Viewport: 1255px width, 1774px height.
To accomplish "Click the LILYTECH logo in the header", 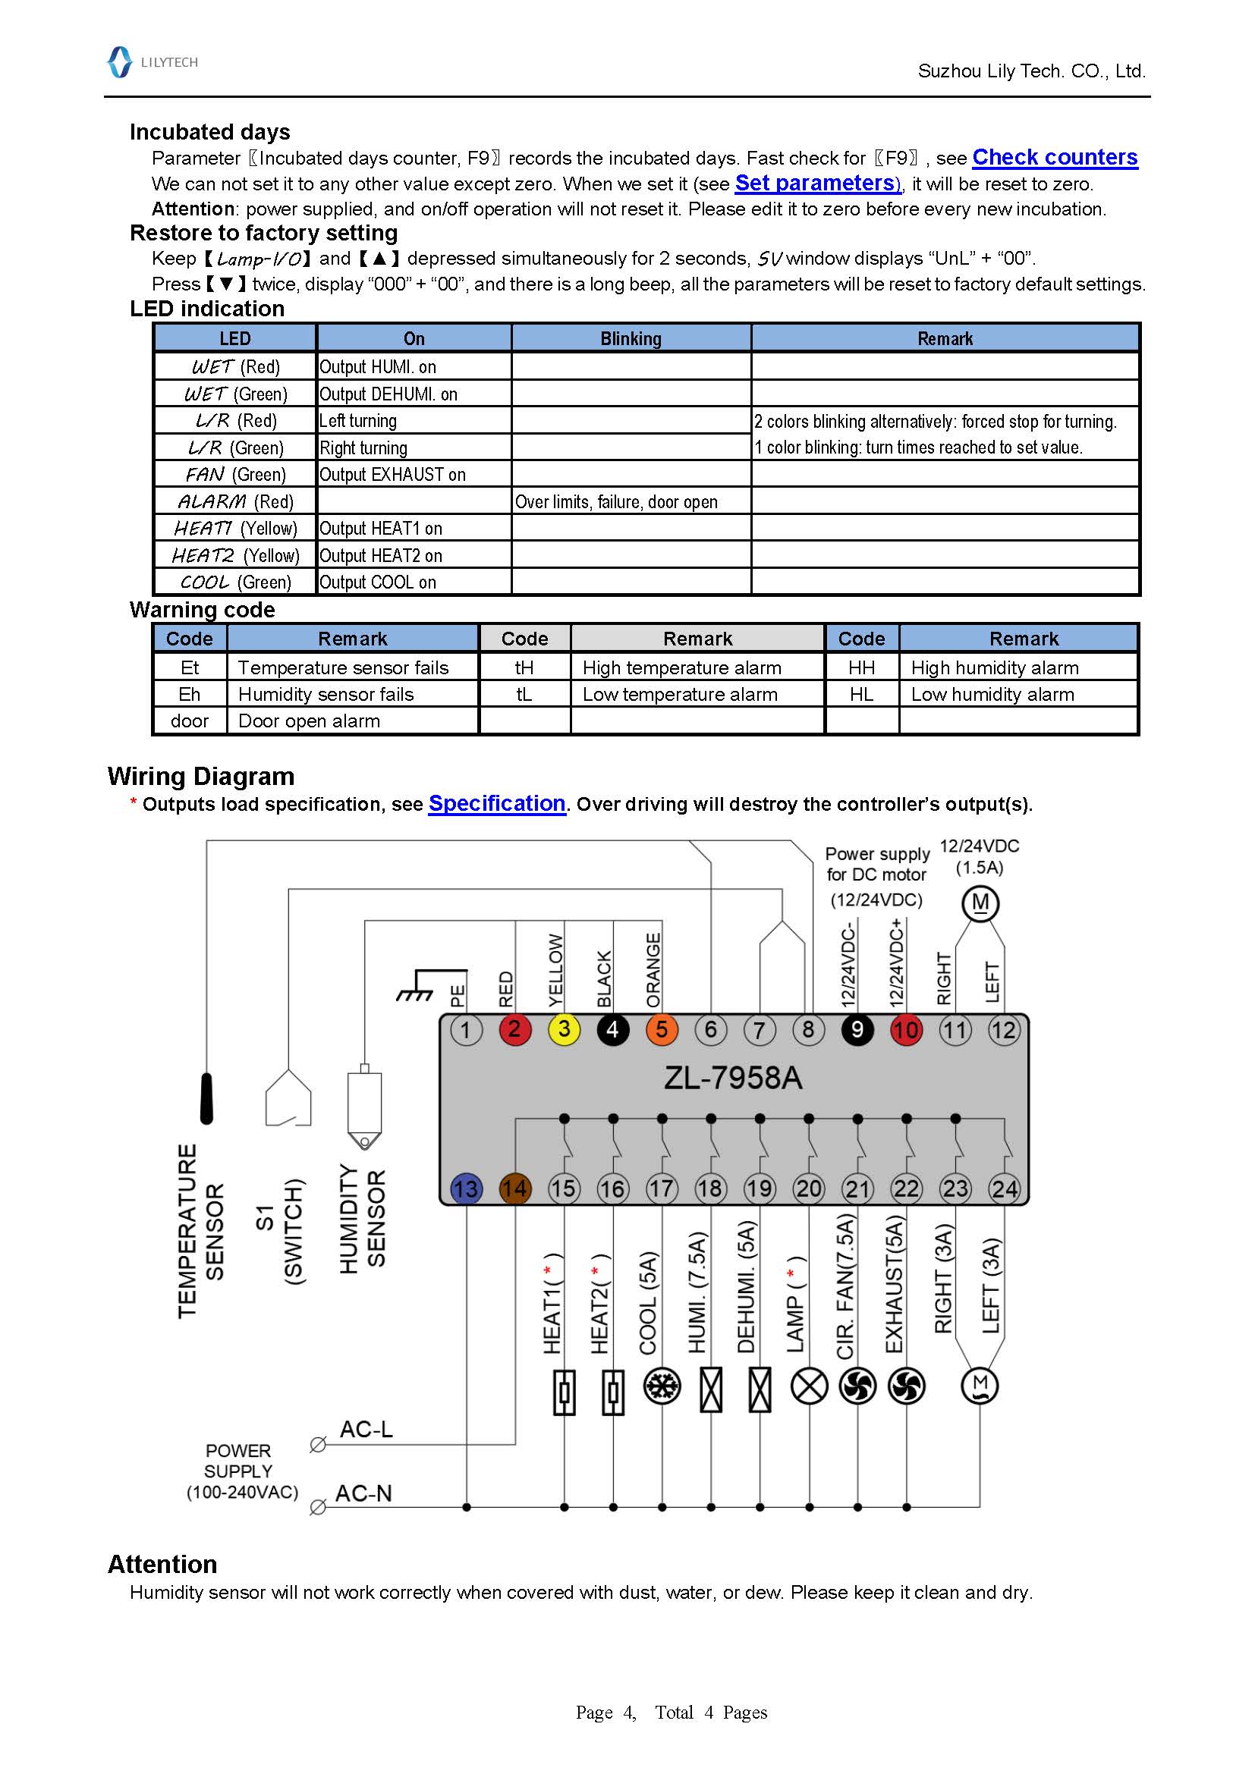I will tap(153, 61).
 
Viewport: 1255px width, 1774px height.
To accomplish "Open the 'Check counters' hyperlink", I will tap(1054, 158).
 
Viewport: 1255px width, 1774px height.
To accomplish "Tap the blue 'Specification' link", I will tap(497, 803).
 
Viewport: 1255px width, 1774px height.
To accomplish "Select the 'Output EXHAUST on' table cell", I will tap(414, 474).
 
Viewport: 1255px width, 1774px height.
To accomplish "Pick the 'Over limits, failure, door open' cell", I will tap(630, 501).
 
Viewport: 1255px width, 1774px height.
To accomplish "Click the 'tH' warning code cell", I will tap(524, 667).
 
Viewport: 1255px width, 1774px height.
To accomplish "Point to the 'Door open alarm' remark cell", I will tap(352, 721).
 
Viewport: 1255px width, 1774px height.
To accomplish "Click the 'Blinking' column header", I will tap(630, 338).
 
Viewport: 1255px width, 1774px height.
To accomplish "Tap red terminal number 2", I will tap(514, 1030).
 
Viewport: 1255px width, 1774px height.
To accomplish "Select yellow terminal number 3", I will tap(564, 1030).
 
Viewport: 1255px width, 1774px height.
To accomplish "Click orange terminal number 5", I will tap(662, 1030).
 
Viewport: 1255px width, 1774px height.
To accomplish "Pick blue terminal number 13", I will tap(466, 1189).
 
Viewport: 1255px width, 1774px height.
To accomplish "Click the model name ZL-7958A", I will tap(733, 1078).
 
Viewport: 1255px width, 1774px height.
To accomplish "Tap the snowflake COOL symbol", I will tap(662, 1387).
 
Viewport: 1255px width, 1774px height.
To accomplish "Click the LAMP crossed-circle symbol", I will tap(809, 1387).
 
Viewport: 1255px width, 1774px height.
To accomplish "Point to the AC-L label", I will tap(366, 1430).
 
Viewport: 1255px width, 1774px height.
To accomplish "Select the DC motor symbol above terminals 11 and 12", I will tap(980, 903).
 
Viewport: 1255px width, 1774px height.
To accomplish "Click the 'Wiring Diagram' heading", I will tap(201, 776).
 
